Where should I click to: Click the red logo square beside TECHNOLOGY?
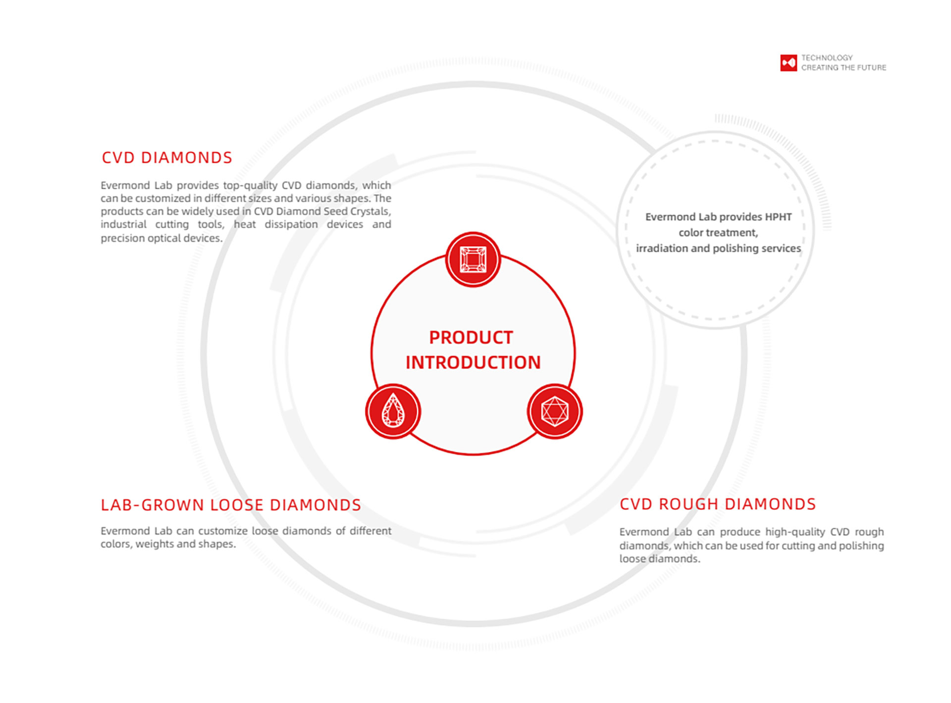tap(789, 63)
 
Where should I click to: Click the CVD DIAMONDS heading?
tap(167, 157)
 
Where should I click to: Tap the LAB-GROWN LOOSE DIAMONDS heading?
tap(231, 505)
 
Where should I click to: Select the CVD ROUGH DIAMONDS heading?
tap(718, 504)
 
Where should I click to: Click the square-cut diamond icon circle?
tap(473, 259)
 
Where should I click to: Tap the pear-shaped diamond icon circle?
tap(393, 411)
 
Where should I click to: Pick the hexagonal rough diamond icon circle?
tap(555, 411)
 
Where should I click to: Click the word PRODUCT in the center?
tap(471, 338)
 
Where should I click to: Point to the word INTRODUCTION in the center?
tap(473, 362)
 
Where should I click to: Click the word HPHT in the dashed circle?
tap(778, 217)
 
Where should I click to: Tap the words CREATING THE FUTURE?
tap(844, 67)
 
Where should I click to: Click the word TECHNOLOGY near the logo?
tap(827, 57)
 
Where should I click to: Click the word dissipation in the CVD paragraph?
tap(291, 224)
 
